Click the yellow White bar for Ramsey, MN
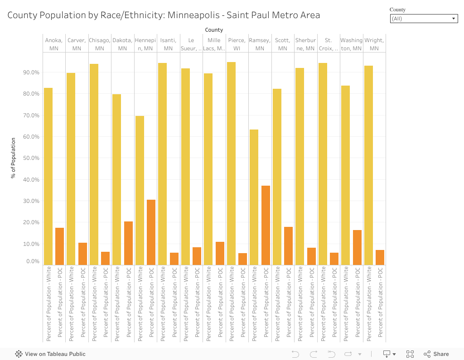coord(254,197)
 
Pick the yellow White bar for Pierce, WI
coord(231,163)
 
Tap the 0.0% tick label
coord(33,261)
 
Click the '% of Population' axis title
coord(14,158)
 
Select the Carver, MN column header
coord(77,44)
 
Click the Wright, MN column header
coord(374,44)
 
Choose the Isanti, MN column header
coord(168,44)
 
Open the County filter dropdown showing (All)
coord(424,19)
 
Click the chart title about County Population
coord(164,15)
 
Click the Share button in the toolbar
coord(436,354)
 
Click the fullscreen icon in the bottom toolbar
coord(410,354)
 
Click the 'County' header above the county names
coord(214,30)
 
